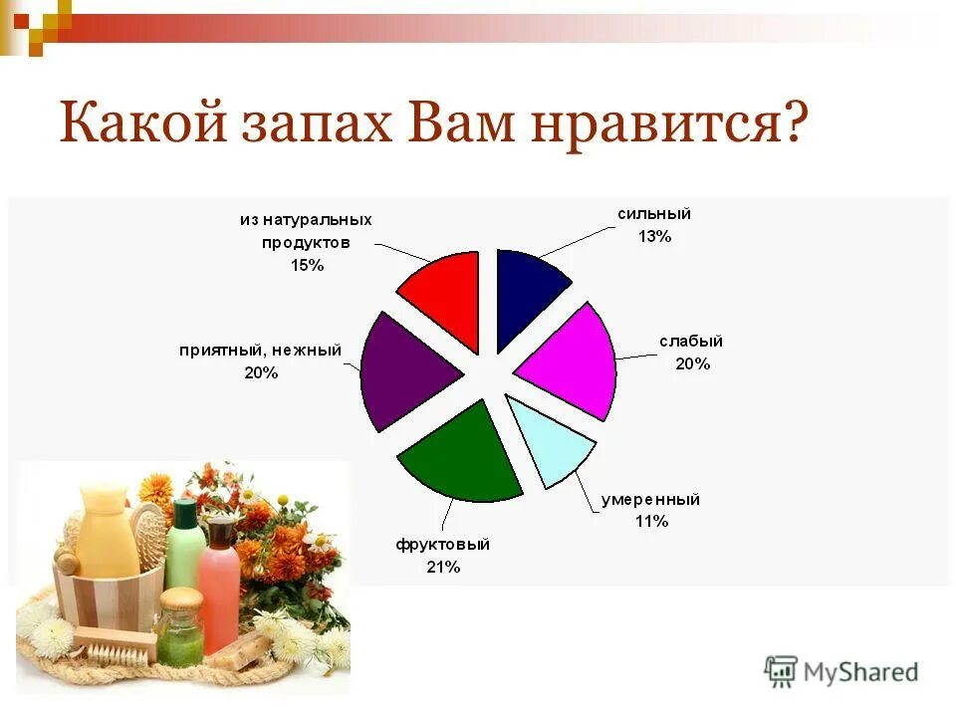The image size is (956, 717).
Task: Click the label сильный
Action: click(x=654, y=214)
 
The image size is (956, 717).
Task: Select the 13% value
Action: click(x=654, y=236)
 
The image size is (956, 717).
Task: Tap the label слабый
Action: click(x=691, y=342)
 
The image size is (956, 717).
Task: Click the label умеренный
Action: click(x=650, y=499)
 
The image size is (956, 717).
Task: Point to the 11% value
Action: click(x=650, y=521)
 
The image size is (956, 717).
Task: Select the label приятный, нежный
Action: click(x=260, y=351)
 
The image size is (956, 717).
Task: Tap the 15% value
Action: click(x=307, y=265)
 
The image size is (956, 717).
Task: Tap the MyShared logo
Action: click(x=841, y=671)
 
